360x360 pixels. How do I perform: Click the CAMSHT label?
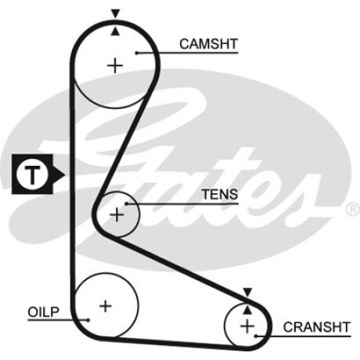[x=208, y=44]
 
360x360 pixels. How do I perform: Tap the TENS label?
[x=220, y=194]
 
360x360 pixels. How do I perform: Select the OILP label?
[x=44, y=312]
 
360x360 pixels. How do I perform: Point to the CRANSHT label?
[x=316, y=327]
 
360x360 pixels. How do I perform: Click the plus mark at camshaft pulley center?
[x=115, y=65]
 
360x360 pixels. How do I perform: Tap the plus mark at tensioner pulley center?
[x=117, y=214]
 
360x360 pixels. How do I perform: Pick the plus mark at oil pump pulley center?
[x=106, y=306]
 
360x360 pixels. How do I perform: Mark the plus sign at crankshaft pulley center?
[x=247, y=326]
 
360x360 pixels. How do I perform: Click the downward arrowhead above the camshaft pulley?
[x=115, y=13]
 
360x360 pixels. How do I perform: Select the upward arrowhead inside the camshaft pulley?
[x=115, y=31]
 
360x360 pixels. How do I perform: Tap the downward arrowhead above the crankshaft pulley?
[x=247, y=292]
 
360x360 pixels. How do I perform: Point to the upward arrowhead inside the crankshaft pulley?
[x=247, y=310]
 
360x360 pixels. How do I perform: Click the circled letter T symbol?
[x=32, y=174]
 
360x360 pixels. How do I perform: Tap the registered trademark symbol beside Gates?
[x=353, y=210]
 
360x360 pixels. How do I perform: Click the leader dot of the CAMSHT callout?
[x=136, y=53]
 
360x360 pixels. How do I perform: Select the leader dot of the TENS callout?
[x=126, y=203]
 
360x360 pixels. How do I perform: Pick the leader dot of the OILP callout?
[x=88, y=320]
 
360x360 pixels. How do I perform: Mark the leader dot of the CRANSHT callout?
[x=257, y=336]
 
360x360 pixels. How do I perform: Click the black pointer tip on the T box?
[x=65, y=174]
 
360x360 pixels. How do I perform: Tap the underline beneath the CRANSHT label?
[x=304, y=337]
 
